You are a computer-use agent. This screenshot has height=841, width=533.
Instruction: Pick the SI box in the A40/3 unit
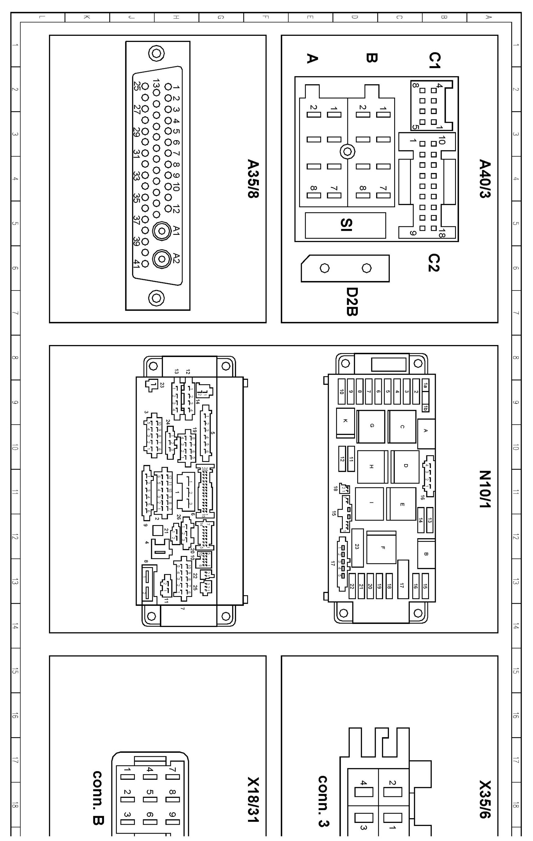click(345, 225)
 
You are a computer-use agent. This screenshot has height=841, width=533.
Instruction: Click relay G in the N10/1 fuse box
click(371, 426)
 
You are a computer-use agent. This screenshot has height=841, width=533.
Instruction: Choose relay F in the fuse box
click(382, 548)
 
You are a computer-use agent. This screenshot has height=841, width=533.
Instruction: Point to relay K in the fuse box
click(345, 421)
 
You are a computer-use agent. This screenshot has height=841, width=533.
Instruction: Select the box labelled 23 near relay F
click(357, 547)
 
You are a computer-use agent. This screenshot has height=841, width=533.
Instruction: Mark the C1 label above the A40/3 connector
click(434, 60)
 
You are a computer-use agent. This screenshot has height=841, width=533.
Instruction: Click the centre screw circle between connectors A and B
click(347, 152)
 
